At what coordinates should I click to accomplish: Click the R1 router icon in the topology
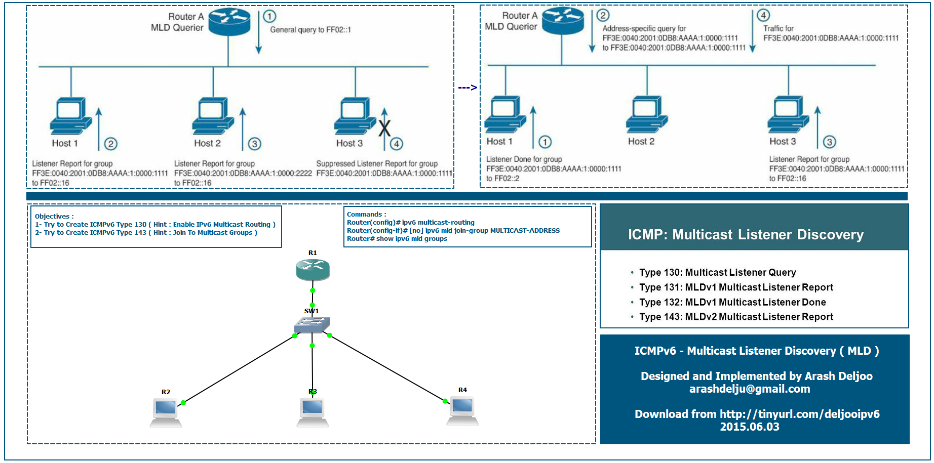coord(313,269)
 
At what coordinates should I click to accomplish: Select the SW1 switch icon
coord(312,325)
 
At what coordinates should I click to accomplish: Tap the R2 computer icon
coord(166,412)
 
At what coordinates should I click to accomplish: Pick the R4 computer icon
coord(462,410)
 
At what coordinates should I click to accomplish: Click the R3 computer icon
coord(313,412)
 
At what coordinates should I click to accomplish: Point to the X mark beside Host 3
coord(385,129)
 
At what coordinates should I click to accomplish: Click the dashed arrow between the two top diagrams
coord(467,88)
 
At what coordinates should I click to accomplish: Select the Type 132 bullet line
coord(732,302)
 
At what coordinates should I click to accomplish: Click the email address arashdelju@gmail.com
coord(750,389)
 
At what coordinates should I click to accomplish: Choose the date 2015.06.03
coord(750,427)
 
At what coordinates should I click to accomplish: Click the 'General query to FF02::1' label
coord(310,30)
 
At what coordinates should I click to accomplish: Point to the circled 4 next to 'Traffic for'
coord(763,15)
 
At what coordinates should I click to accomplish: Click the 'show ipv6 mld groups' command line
coord(397,239)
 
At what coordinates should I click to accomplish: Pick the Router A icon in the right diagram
coord(563,21)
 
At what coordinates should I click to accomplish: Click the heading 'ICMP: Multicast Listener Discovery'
coord(746,235)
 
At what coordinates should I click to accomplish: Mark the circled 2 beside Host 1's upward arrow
coord(111,144)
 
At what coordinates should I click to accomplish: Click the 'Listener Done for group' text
coord(524,159)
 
